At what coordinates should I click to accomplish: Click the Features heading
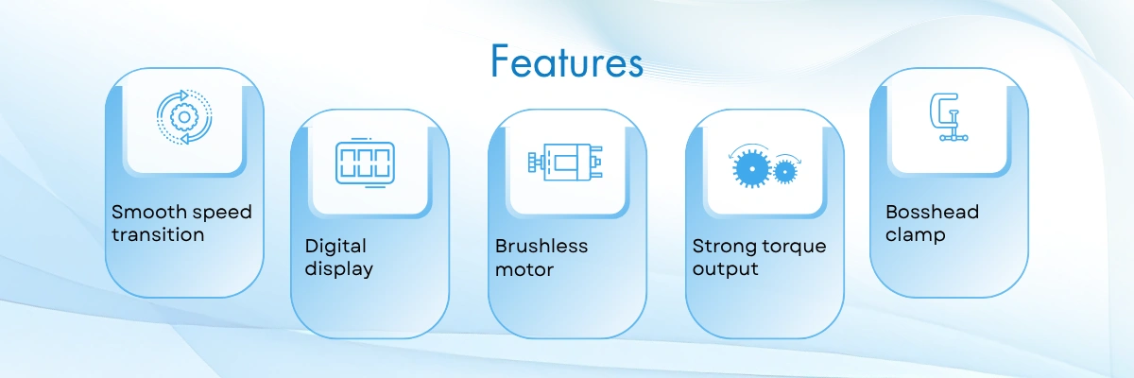[567, 61]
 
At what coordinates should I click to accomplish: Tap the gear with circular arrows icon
[184, 117]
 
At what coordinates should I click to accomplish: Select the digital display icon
[365, 163]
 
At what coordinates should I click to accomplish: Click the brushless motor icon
[565, 162]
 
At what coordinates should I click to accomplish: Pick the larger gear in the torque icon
[752, 168]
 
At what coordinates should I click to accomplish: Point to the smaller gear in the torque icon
[785, 172]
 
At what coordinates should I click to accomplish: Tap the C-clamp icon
[948, 117]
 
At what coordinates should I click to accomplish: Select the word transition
[158, 234]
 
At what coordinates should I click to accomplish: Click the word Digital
[335, 247]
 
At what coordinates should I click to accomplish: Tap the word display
[338, 269]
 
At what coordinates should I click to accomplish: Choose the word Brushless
[541, 247]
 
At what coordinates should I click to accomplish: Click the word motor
[524, 269]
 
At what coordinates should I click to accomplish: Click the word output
[725, 269]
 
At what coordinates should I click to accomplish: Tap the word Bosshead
[932, 212]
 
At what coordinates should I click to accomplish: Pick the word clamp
[916, 235]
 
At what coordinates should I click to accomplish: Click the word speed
[222, 213]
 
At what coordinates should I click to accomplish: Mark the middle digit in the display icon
[365, 163]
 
